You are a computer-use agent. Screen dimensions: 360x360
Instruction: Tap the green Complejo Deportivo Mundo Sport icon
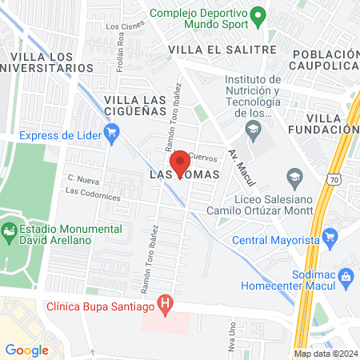[x=258, y=14]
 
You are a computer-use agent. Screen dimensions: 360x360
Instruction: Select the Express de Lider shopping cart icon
[x=112, y=134]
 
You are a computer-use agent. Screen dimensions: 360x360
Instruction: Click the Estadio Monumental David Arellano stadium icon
[x=9, y=233]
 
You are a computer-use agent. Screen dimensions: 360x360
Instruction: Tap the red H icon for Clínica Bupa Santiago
[x=166, y=304]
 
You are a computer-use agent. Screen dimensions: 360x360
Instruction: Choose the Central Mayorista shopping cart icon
[x=330, y=238]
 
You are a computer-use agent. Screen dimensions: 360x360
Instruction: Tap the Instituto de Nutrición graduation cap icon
[x=254, y=130]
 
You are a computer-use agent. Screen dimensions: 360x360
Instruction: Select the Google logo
[x=27, y=350]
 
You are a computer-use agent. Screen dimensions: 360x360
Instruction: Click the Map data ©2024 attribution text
[x=325, y=354]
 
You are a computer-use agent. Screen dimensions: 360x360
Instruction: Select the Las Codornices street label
[x=94, y=192]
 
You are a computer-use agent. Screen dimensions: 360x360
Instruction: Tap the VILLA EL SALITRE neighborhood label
[x=222, y=50]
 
